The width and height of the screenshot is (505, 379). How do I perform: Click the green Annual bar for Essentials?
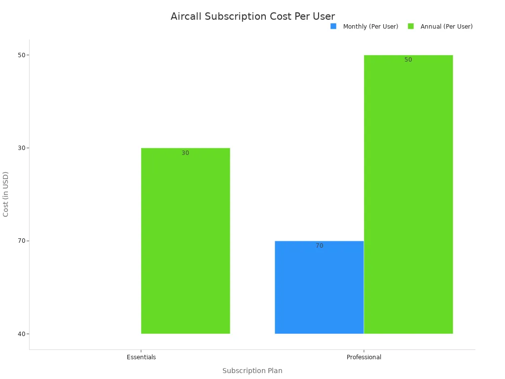click(x=185, y=242)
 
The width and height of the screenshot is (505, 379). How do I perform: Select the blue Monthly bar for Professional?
click(x=319, y=289)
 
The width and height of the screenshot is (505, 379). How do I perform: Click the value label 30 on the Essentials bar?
click(x=185, y=153)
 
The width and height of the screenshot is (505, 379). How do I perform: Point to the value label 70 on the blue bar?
click(x=320, y=246)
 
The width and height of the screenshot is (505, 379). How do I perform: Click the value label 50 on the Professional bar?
click(x=408, y=60)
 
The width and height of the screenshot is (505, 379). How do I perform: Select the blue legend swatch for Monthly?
click(x=333, y=26)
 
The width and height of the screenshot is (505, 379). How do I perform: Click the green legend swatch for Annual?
click(x=411, y=26)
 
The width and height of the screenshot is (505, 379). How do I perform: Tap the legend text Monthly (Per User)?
click(x=370, y=27)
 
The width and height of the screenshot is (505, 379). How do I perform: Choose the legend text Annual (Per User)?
click(x=446, y=27)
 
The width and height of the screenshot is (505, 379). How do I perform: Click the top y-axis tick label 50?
click(x=22, y=55)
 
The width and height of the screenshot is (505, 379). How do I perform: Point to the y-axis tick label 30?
click(x=22, y=148)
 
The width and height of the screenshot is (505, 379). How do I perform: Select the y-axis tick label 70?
click(x=22, y=241)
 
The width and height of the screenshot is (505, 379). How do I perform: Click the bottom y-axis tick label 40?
click(x=22, y=334)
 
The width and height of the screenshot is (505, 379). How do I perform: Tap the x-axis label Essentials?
click(x=141, y=357)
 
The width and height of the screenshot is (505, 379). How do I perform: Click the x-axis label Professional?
click(x=364, y=357)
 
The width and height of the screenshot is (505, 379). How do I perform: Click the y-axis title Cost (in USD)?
click(x=6, y=194)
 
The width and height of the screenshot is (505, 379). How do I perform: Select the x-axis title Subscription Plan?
click(x=252, y=371)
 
